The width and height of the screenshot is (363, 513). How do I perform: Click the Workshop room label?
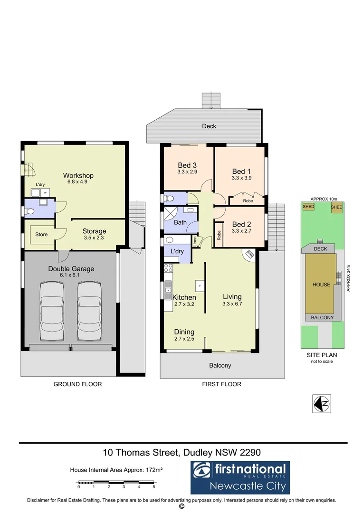point(78,175)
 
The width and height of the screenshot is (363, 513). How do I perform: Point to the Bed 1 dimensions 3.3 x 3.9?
point(241,178)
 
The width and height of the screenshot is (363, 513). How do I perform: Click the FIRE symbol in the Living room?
point(249,255)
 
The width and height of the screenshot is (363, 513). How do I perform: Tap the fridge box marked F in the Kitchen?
point(199,286)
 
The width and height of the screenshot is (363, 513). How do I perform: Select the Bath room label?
point(180,222)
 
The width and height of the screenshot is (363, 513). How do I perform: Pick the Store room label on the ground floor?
point(41,234)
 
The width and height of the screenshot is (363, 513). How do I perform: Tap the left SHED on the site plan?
point(308,207)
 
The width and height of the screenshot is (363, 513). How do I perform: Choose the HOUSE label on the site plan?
point(321,285)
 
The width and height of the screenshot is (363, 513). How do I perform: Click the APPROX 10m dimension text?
point(323,199)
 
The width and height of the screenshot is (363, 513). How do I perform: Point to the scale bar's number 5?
point(154,487)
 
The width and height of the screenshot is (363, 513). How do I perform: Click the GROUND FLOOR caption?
point(77,384)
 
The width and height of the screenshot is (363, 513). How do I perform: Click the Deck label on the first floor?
point(209,126)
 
